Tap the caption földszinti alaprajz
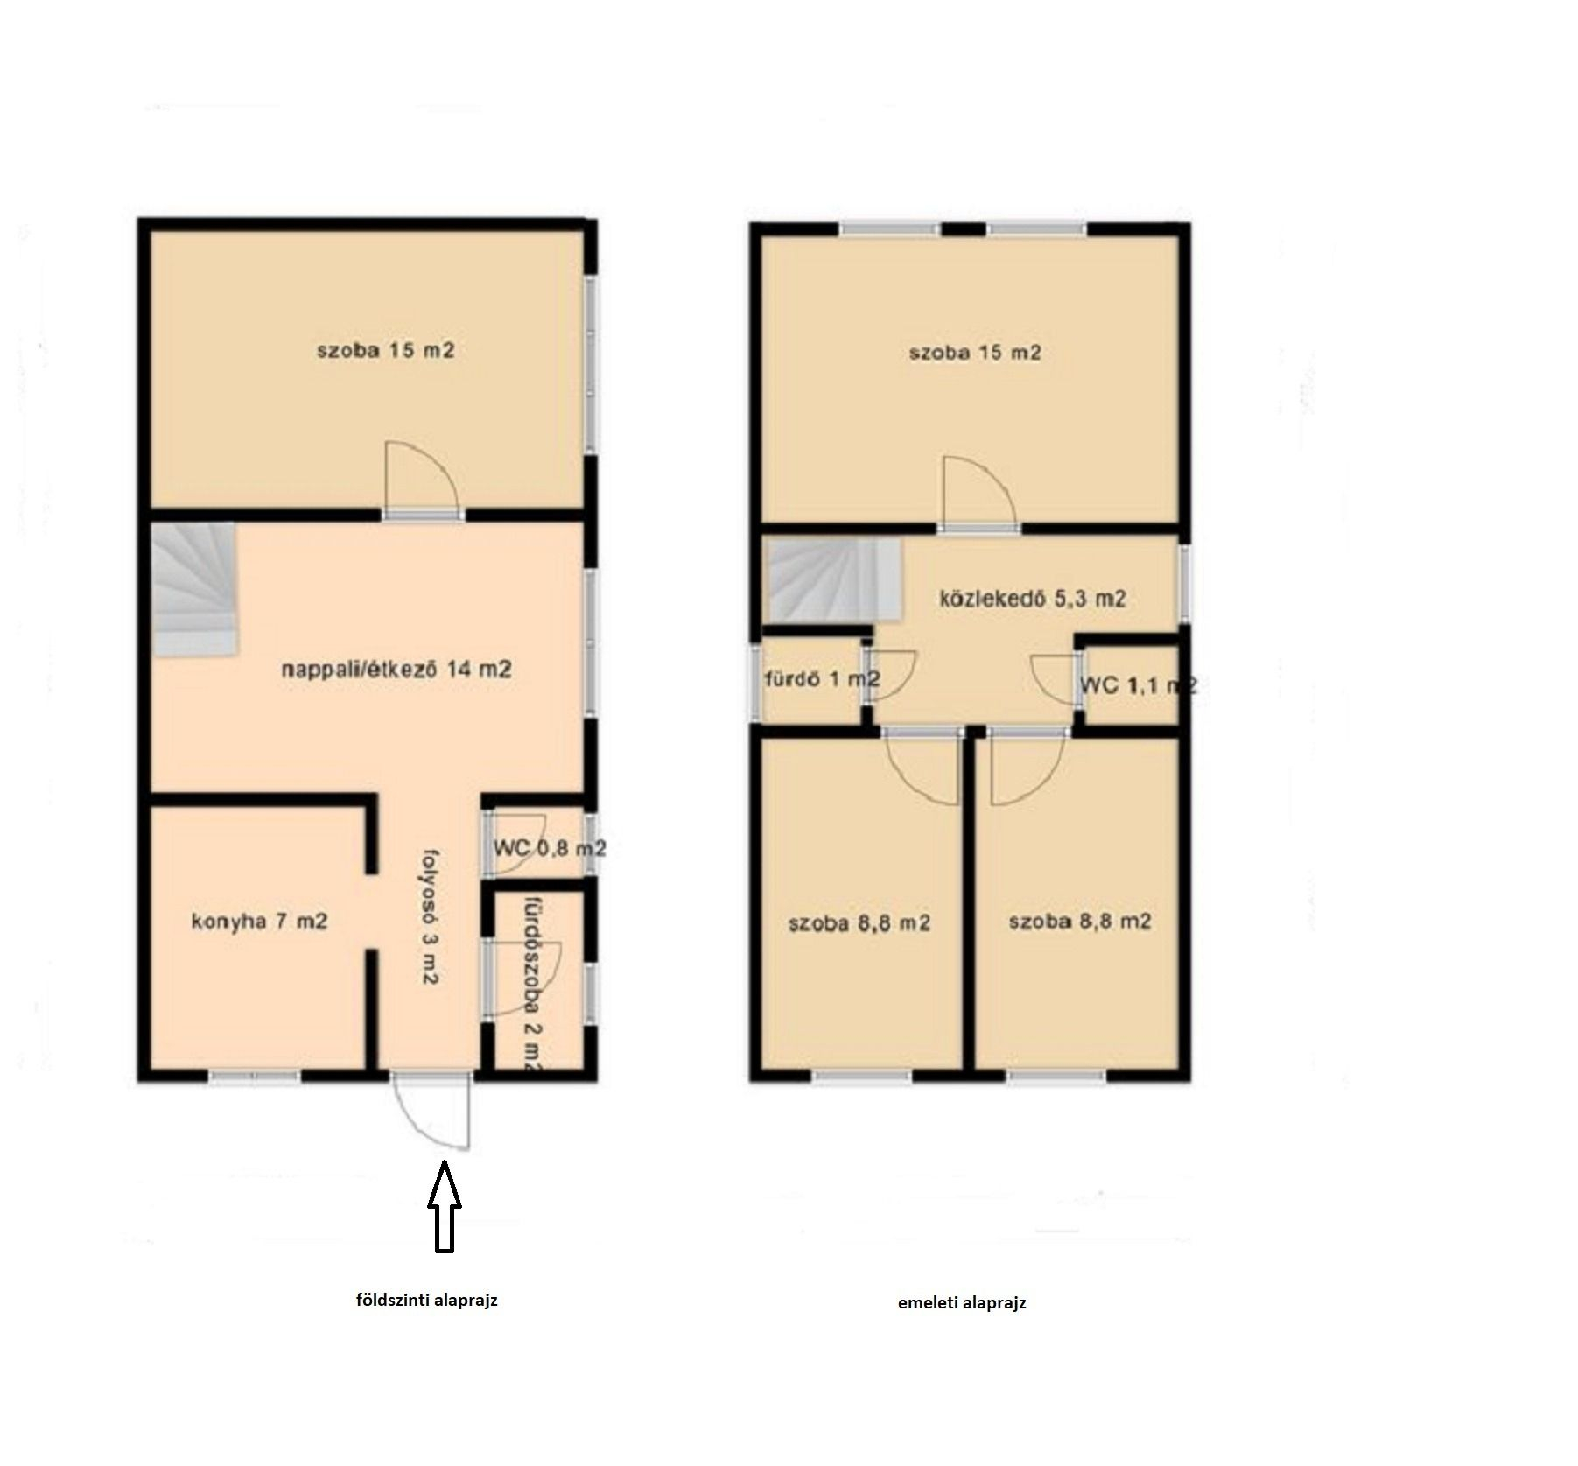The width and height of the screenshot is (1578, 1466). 426,1301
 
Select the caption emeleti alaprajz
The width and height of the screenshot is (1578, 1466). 962,1303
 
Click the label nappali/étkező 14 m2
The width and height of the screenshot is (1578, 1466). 396,670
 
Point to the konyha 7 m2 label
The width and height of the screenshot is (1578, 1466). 259,922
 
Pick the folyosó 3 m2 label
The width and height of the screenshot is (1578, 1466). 429,916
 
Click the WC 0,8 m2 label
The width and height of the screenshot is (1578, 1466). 550,848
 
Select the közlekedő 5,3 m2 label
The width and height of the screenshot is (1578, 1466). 1033,599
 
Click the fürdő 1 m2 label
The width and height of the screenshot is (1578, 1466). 823,679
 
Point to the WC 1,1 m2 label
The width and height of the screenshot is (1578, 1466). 1139,685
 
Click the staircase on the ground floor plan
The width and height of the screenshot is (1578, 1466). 194,590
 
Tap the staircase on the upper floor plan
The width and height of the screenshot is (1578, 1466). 835,580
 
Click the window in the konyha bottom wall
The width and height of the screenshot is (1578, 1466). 255,1076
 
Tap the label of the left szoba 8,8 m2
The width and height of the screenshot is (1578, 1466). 859,922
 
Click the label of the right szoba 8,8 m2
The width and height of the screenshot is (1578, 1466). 1080,922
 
